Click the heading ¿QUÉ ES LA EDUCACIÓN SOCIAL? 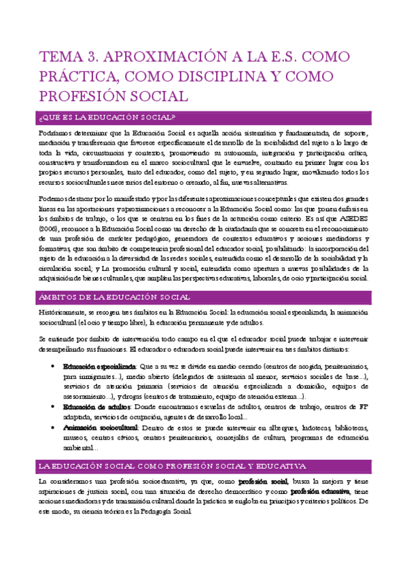(112, 118)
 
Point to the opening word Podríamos (58, 133)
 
